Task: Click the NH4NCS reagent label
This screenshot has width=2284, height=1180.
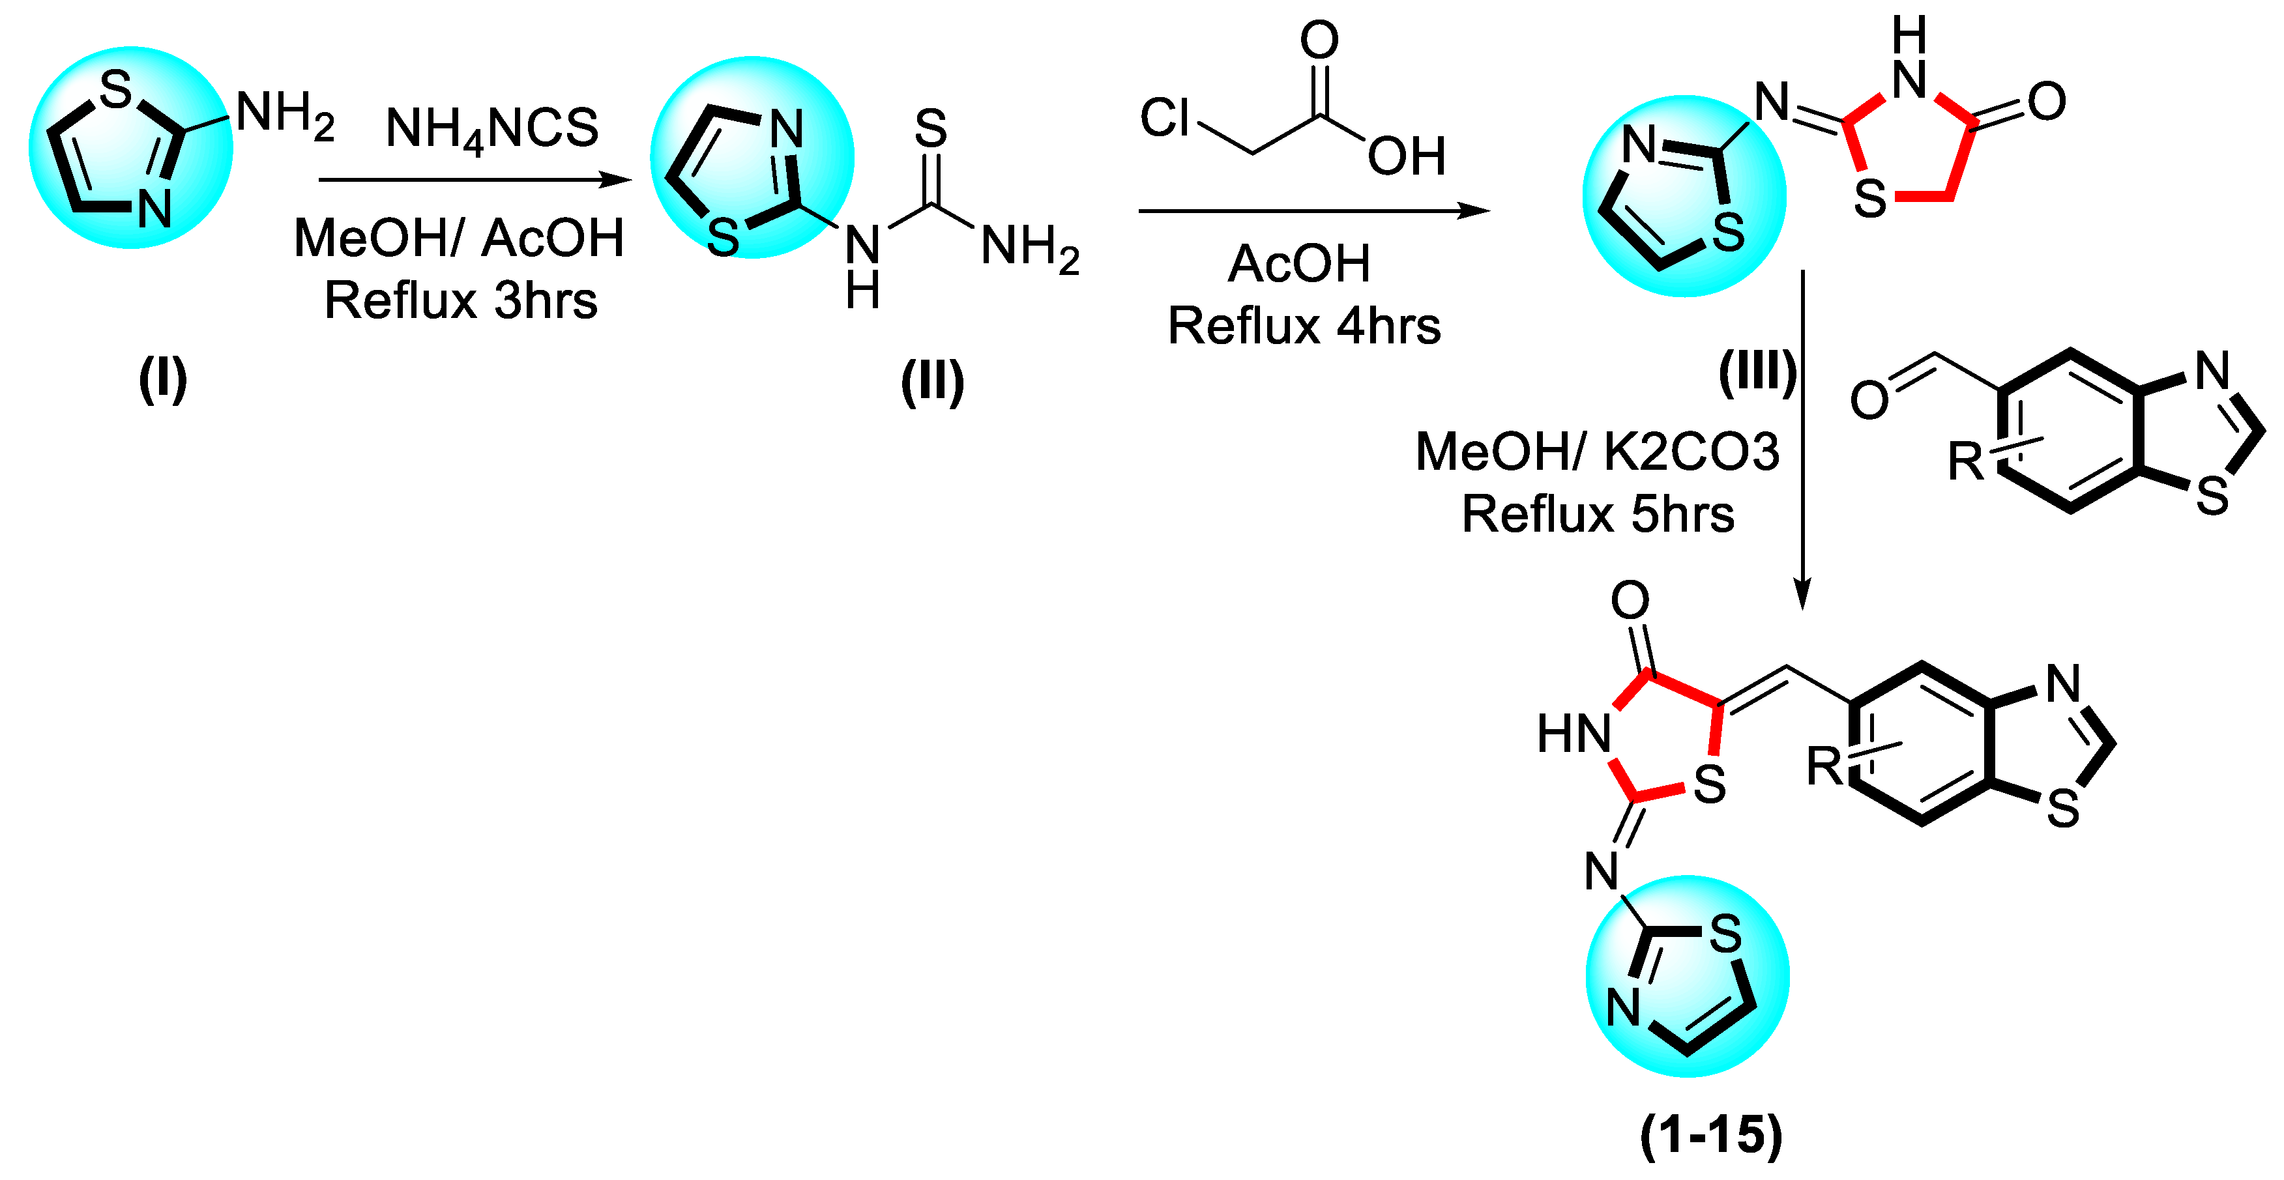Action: (492, 128)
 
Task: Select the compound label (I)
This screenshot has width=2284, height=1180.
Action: (162, 379)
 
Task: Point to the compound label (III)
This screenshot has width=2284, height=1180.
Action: (1757, 372)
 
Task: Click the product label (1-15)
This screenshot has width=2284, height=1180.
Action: (1710, 1135)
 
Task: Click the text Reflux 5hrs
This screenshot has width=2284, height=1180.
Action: (1598, 514)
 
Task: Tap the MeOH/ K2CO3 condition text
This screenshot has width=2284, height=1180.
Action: (1597, 452)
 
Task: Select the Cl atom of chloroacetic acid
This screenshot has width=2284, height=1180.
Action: (1164, 117)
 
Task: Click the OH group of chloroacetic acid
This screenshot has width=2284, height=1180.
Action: (1406, 157)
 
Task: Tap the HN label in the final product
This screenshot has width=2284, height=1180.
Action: (1574, 734)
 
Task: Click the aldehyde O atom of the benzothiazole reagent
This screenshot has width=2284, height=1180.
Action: (1869, 401)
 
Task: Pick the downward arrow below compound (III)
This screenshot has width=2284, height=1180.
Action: (1802, 443)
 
